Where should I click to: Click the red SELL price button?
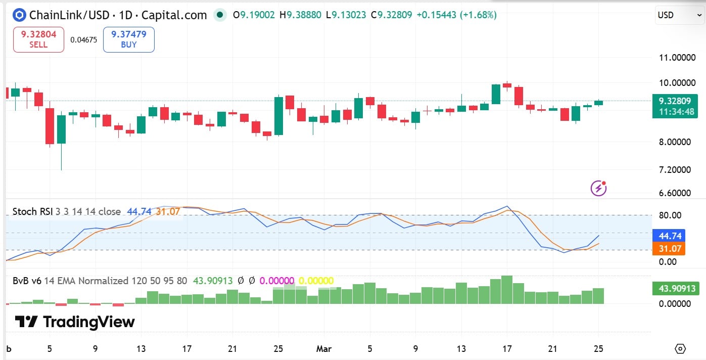tap(38, 39)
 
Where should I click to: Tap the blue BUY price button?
tap(128, 39)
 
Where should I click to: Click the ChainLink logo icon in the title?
tap(20, 15)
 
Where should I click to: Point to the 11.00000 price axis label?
tap(677, 58)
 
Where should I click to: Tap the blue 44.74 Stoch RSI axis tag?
tap(670, 236)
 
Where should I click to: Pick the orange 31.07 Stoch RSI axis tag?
tap(670, 249)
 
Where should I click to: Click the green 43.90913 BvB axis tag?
tap(677, 289)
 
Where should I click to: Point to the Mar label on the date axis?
tap(323, 349)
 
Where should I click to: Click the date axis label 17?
tap(507, 349)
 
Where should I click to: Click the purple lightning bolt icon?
tap(598, 189)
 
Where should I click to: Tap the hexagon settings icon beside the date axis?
tap(680, 349)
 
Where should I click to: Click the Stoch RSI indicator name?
tap(31, 211)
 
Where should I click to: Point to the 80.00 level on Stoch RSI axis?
tap(670, 215)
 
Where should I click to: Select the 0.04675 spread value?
tap(83, 39)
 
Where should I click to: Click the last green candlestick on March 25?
tap(599, 103)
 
